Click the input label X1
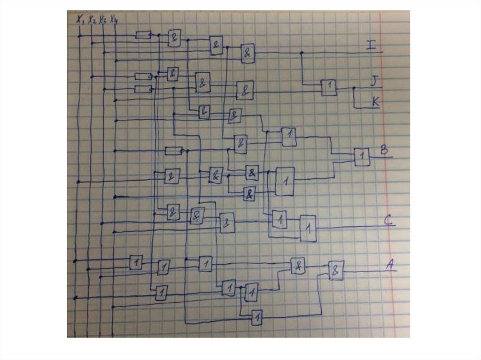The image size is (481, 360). coord(80,20)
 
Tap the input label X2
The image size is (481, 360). coord(92,20)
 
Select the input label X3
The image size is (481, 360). coord(102,20)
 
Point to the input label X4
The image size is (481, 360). coord(114,20)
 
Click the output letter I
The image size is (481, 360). coord(371,45)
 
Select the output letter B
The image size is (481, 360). coord(384,150)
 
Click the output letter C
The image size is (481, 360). coord(388,220)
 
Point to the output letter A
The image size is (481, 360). coord(390,265)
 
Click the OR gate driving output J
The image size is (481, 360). coord(329,87)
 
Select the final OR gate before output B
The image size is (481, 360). coord(362,157)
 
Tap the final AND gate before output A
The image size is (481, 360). coord(336,270)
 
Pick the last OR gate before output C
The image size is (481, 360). coord(308,228)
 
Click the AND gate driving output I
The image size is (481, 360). coord(247,54)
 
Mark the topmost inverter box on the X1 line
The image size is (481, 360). coord(143,35)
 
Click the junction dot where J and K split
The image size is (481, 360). coord(354,88)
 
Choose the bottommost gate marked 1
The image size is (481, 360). coord(256,318)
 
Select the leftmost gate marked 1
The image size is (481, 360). coord(136,262)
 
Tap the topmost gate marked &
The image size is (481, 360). coord(174,38)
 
